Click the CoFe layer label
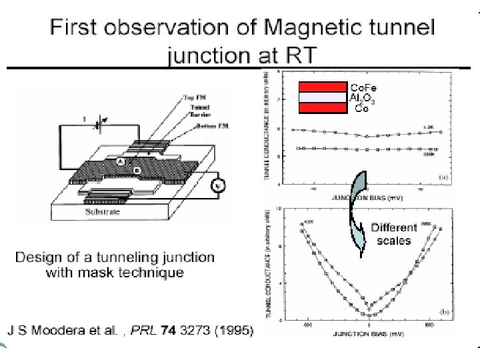(x=363, y=88)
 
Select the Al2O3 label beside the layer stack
(x=363, y=98)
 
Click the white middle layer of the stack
(x=323, y=97)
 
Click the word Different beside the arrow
(x=394, y=227)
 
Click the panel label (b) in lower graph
(x=444, y=311)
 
